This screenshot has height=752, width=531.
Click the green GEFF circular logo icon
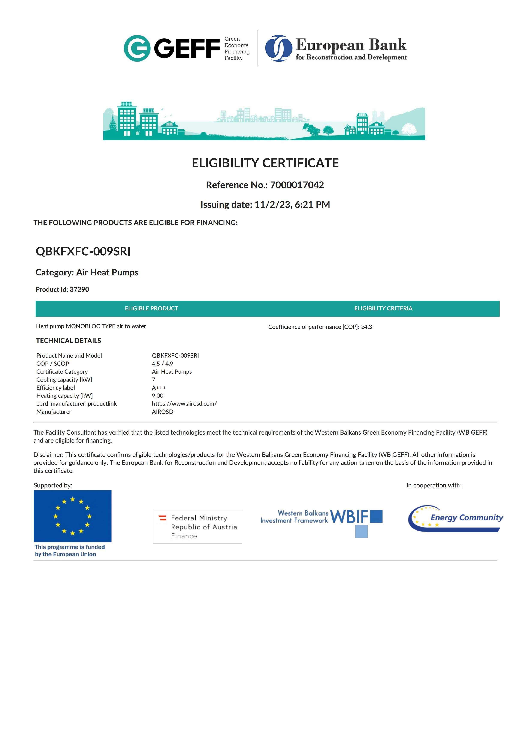137,48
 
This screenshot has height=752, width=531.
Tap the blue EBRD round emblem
278,48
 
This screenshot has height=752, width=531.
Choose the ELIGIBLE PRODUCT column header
151,308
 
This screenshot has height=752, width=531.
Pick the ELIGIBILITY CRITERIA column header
383,308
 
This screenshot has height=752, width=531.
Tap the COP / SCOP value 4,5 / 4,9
162,364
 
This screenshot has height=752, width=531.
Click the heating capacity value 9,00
157,396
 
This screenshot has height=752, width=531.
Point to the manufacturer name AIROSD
162,412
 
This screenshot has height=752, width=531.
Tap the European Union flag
72,516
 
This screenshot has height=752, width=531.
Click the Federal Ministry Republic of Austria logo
198,527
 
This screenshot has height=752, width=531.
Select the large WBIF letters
349,517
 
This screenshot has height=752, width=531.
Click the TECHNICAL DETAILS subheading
68,341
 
